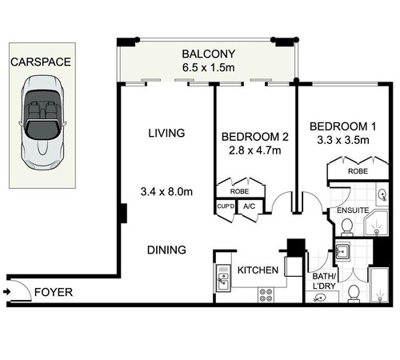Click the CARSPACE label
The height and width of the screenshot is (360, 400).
[x=41, y=62]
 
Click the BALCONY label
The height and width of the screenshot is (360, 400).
[x=209, y=54]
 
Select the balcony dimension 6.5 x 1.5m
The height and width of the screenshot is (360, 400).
[x=209, y=67]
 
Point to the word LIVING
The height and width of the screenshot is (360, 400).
[x=166, y=133]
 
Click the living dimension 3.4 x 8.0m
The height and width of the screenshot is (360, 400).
[x=166, y=191]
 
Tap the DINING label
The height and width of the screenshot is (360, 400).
[x=166, y=250]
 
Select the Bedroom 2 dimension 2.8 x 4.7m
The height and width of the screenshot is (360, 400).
[x=255, y=150]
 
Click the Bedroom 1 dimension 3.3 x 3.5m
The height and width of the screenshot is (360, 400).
[x=343, y=140]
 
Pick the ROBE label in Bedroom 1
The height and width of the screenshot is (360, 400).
[x=358, y=171]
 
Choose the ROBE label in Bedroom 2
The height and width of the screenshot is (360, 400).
[x=239, y=191]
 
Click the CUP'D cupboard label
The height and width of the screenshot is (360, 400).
[x=226, y=206]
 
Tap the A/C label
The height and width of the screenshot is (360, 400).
[x=249, y=206]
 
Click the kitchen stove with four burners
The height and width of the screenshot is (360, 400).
[x=266, y=295]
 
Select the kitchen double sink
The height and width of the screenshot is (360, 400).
[x=223, y=278]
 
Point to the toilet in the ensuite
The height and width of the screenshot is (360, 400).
[x=347, y=227]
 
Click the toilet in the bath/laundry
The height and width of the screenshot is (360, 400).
[x=354, y=294]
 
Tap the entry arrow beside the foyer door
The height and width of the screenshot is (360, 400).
[x=6, y=292]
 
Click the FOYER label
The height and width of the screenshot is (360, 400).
[x=54, y=292]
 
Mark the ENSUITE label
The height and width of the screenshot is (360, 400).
[x=353, y=210]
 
